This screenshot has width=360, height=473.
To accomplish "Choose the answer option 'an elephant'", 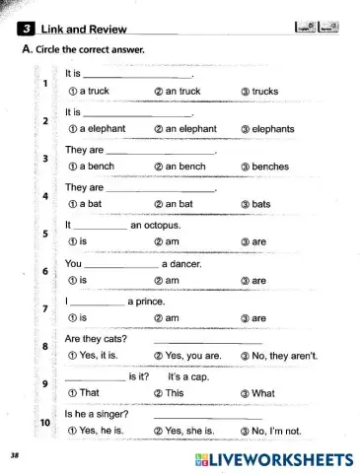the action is [x=186, y=129].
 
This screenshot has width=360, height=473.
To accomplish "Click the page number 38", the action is [x=14, y=457].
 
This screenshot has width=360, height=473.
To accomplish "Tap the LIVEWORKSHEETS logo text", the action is [x=281, y=459].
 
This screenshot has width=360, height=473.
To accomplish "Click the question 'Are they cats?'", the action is [x=96, y=339].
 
